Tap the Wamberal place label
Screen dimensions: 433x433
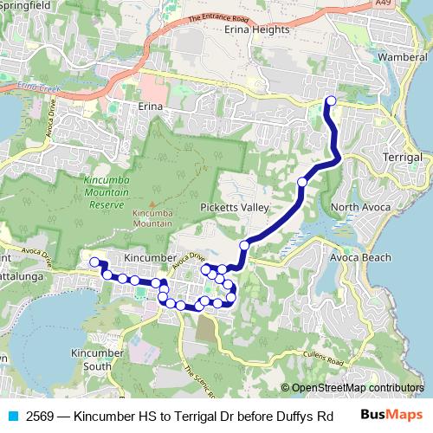point(404,58)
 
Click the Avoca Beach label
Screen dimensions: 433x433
point(361,257)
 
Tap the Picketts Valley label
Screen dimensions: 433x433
point(234,209)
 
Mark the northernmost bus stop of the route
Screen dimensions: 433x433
point(330,101)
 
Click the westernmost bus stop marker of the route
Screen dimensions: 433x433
point(94,262)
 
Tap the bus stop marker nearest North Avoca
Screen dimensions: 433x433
point(302,182)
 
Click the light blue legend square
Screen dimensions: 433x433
point(11,415)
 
